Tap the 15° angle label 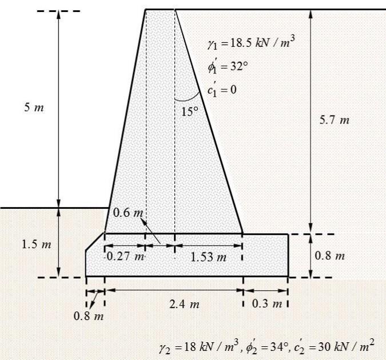(189, 112)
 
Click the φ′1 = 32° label (228, 66)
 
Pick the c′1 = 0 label (222, 89)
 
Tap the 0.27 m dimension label (125, 256)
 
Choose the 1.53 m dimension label (208, 257)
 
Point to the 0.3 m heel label (265, 303)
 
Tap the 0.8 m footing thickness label (330, 255)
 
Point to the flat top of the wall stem (160, 10)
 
